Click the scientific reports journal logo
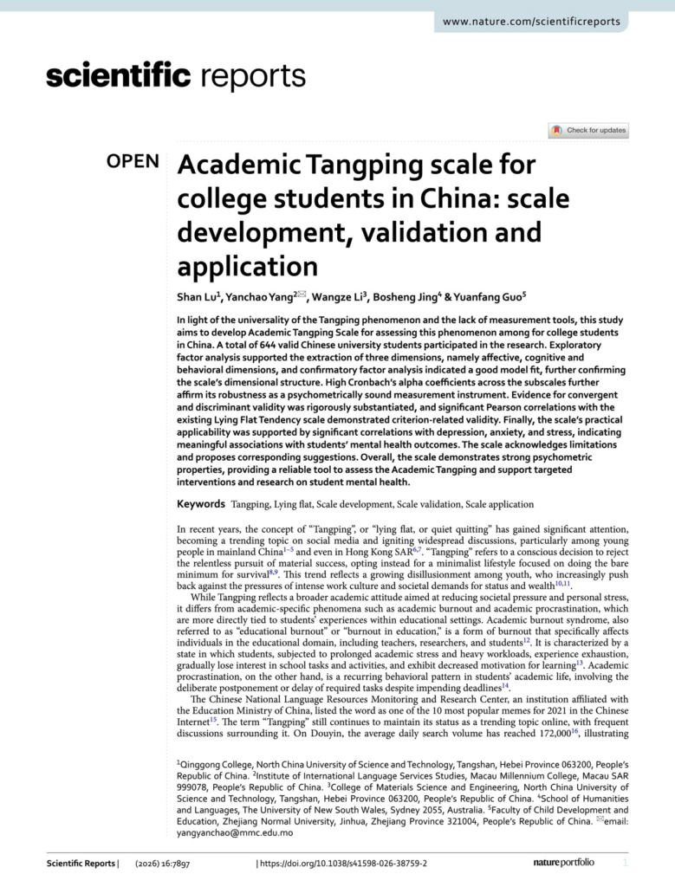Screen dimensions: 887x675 (175, 77)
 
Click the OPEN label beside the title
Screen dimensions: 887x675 (133, 161)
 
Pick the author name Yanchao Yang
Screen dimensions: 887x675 (257, 296)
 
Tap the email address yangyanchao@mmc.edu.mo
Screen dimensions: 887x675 (235, 832)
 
